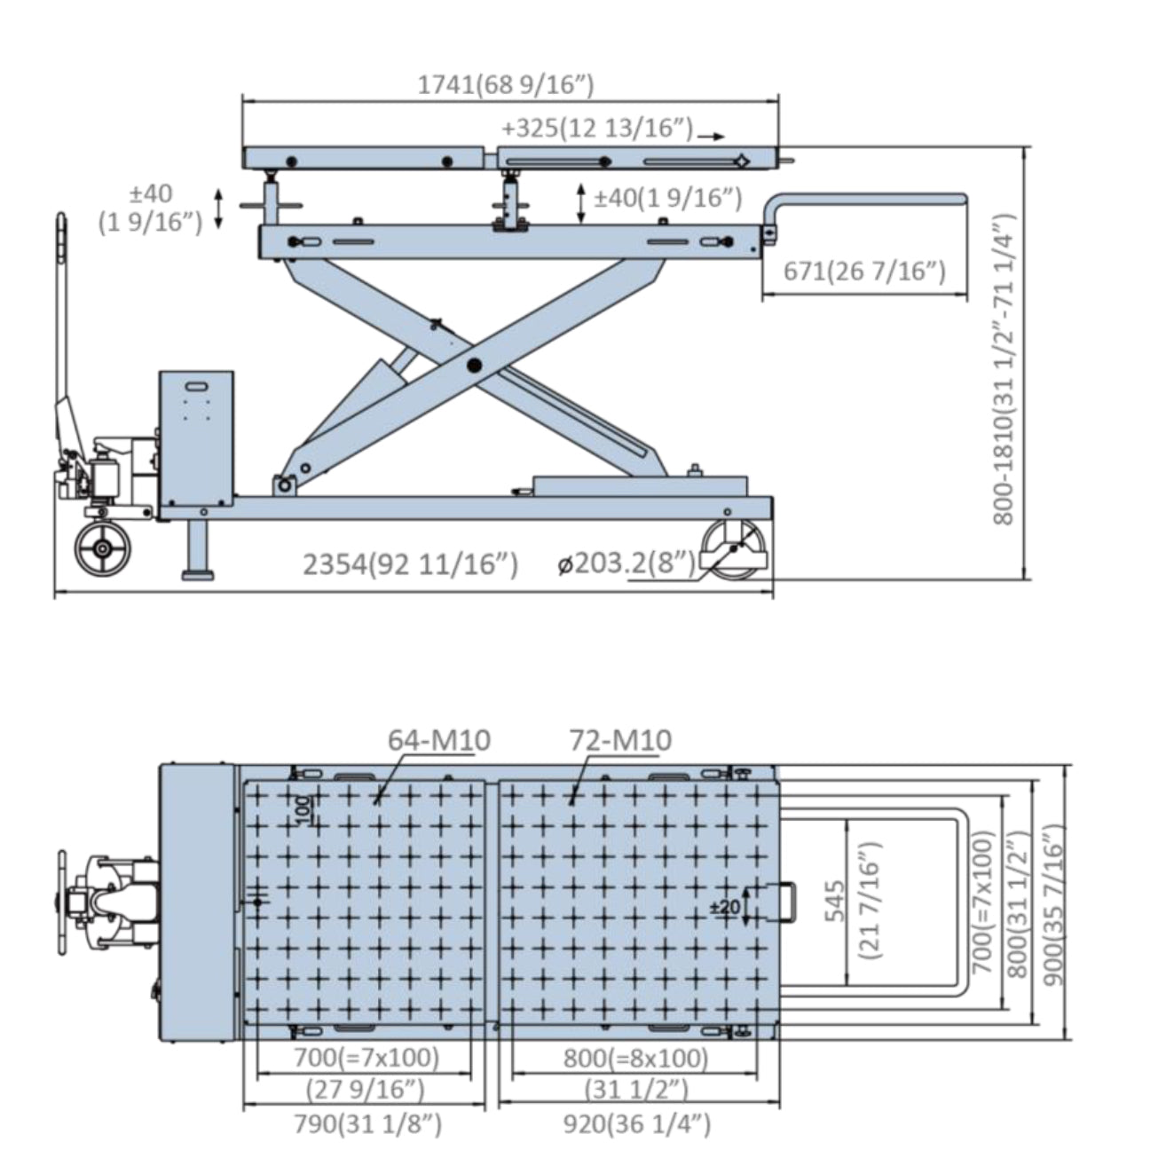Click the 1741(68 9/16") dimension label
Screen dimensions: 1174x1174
[506, 85]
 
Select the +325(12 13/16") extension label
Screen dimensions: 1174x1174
[595, 129]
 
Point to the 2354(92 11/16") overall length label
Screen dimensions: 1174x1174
[410, 563]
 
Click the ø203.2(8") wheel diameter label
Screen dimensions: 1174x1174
[626, 563]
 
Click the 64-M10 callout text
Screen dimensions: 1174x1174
[439, 739]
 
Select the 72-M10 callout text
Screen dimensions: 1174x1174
[620, 739]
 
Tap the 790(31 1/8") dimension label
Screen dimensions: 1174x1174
[367, 1124]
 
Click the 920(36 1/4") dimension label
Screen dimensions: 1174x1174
[637, 1124]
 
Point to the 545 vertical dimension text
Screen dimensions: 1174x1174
[835, 901]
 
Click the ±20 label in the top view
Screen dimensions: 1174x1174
[725, 907]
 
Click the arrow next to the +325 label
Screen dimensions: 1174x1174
[712, 136]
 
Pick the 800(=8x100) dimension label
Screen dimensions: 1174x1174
[635, 1059]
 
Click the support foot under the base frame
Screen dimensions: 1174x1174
[197, 552]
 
